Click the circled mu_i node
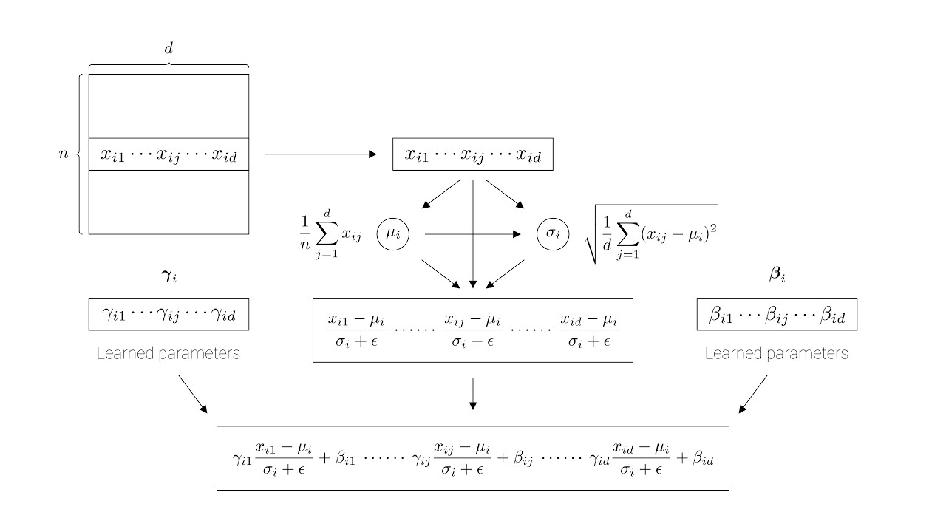pyautogui.click(x=392, y=235)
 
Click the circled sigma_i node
pyautogui.click(x=554, y=235)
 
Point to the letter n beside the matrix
pyautogui.click(x=63, y=154)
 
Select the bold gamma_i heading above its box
pyautogui.click(x=169, y=278)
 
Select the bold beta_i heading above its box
pyautogui.click(x=777, y=278)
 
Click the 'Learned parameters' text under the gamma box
pyautogui.click(x=169, y=353)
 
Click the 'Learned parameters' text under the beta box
pyautogui.click(x=777, y=353)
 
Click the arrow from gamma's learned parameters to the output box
pyautogui.click(x=192, y=395)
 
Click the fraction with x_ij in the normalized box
pyautogui.click(x=472, y=330)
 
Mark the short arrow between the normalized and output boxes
pyautogui.click(x=473, y=395)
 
